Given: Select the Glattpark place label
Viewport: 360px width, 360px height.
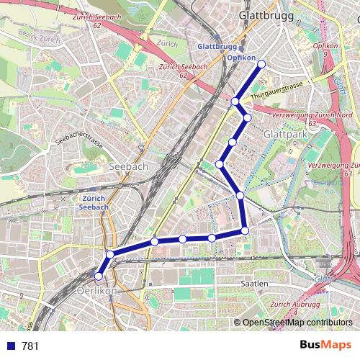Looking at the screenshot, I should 286,134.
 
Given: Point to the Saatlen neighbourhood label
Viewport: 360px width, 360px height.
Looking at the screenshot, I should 255,284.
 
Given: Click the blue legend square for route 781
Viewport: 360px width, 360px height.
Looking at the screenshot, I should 9,346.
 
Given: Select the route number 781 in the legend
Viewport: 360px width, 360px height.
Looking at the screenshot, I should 30,346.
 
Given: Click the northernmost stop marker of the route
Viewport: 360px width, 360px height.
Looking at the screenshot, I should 261,64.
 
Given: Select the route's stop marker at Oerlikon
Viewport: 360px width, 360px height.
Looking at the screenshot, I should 99,276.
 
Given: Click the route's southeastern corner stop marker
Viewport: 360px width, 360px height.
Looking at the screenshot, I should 246,230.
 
